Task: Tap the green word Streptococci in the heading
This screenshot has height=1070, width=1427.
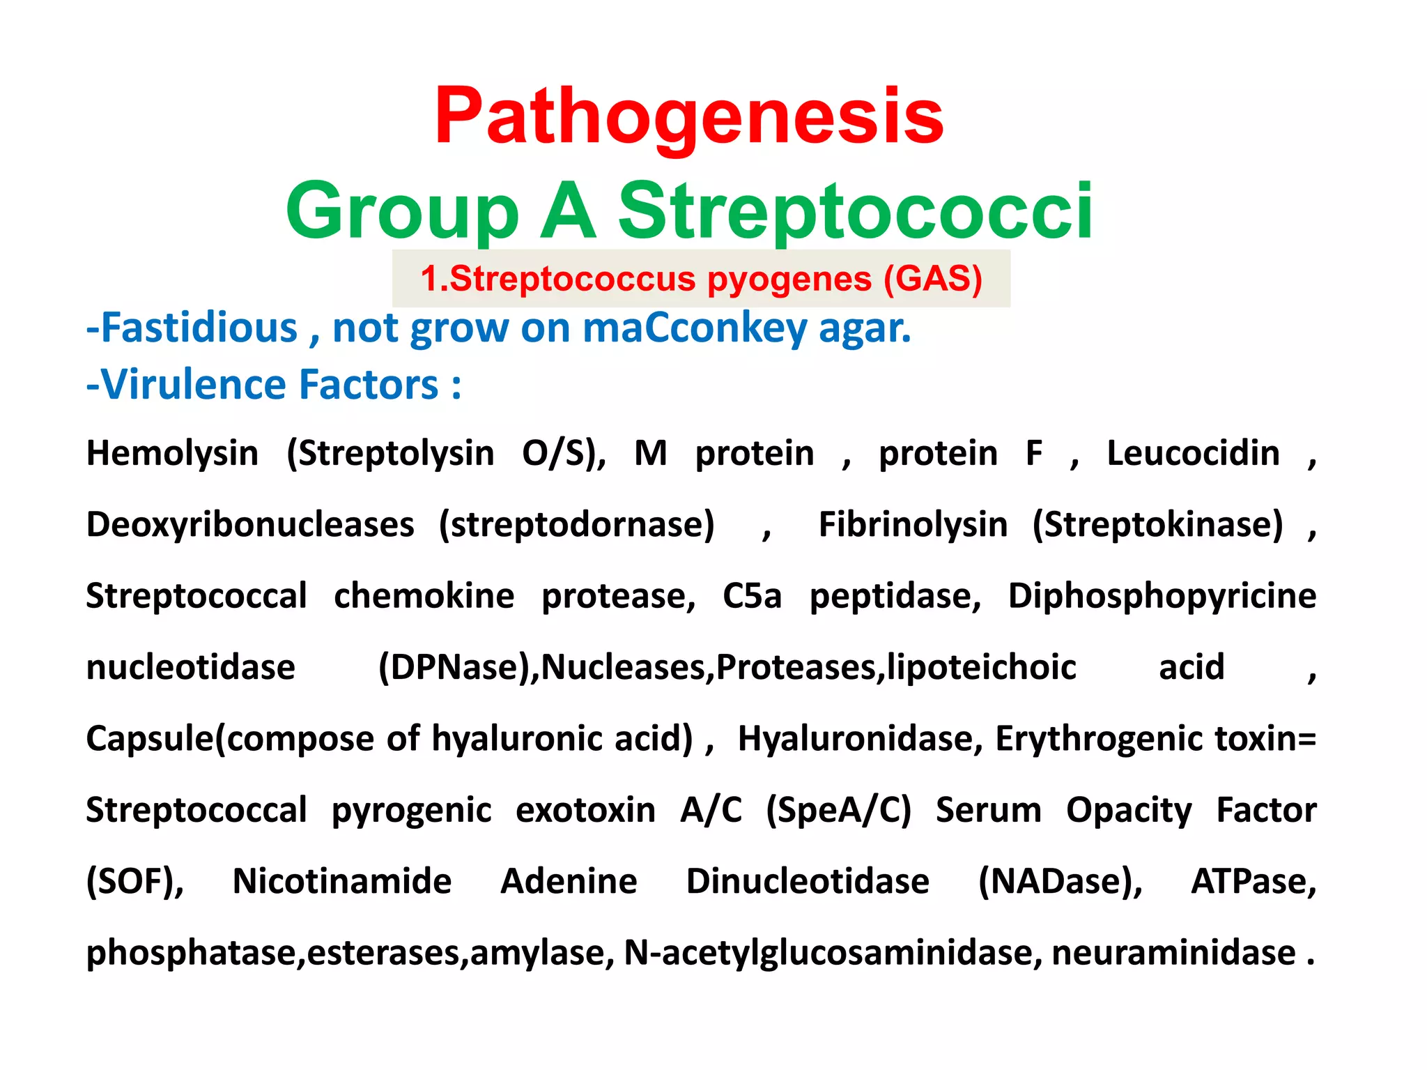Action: click(855, 210)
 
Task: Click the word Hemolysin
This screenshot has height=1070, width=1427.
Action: click(172, 454)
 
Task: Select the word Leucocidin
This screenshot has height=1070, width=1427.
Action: click(1193, 454)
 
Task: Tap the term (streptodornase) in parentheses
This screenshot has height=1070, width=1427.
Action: click(576, 525)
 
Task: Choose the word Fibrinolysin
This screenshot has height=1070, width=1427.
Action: click(913, 525)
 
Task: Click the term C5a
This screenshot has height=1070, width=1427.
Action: click(752, 596)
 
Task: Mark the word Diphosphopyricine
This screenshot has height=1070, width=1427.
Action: click(1162, 596)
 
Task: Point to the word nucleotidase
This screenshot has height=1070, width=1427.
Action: click(190, 668)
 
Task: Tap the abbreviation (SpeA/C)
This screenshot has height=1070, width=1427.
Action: click(838, 811)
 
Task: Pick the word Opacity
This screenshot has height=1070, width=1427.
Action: click(1129, 811)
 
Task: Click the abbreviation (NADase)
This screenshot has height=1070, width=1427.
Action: click(1060, 882)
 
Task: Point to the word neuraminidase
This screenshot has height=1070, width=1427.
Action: click(1173, 953)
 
